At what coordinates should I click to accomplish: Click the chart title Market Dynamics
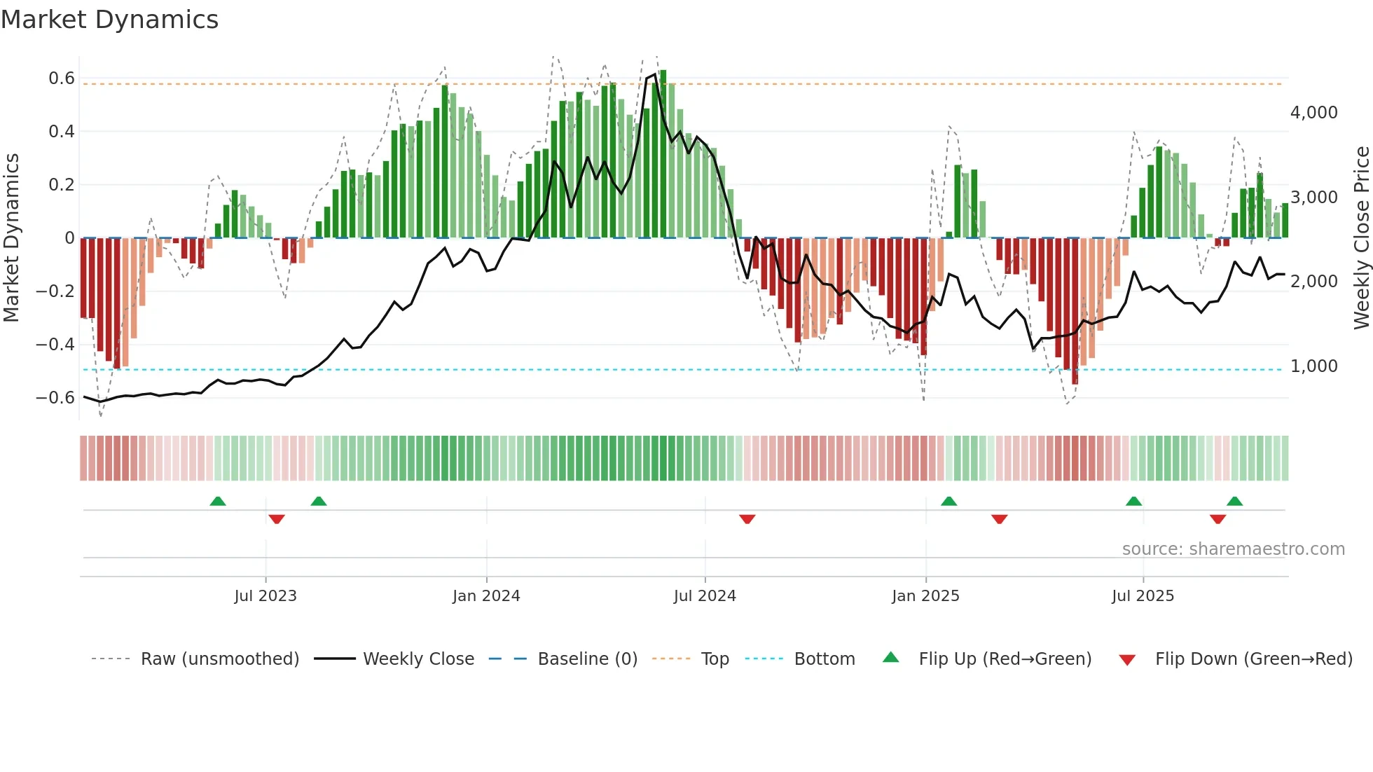tap(109, 20)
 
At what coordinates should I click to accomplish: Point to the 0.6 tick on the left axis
tap(62, 78)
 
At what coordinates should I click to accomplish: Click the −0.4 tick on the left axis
tap(55, 345)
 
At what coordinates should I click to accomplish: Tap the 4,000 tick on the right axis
tap(1313, 113)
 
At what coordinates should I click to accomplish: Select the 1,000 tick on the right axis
tap(1313, 366)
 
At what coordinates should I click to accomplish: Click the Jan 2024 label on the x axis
tap(486, 596)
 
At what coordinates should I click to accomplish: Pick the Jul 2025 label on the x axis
tap(1143, 596)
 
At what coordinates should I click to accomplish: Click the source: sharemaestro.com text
tap(1233, 549)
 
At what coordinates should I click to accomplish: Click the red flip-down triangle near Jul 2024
tap(747, 519)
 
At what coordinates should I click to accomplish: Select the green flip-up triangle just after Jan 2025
tap(948, 501)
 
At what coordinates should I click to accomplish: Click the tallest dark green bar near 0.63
tap(663, 154)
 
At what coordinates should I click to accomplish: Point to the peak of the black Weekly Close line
tap(655, 74)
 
